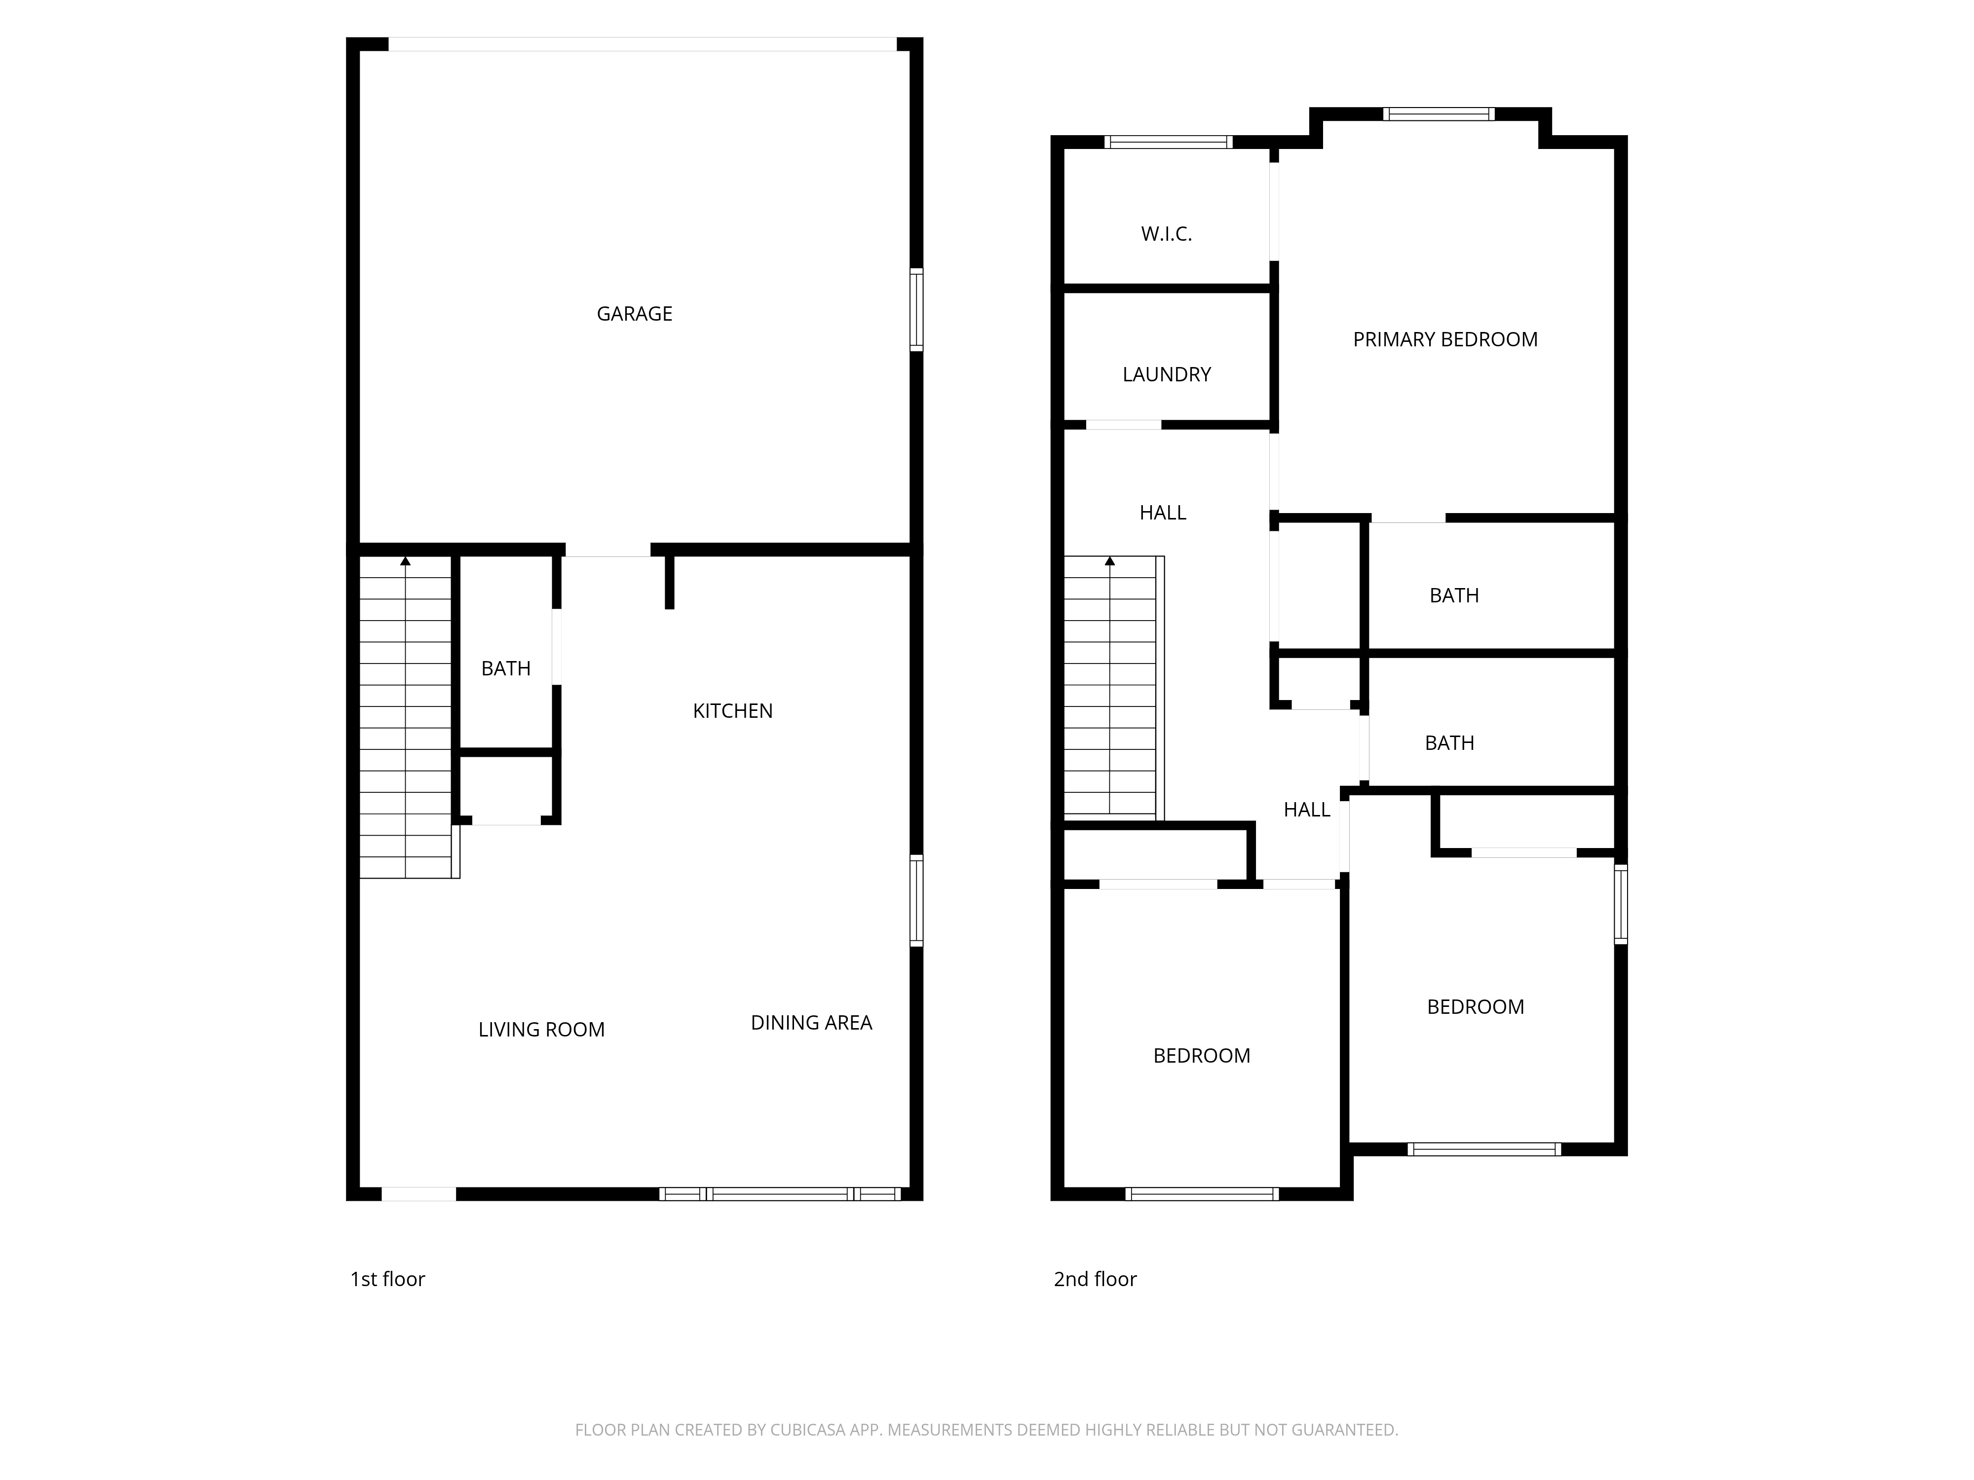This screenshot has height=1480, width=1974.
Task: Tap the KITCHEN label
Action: tap(733, 711)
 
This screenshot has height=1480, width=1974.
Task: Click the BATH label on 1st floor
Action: tap(505, 668)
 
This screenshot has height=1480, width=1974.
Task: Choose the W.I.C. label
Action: tap(1166, 234)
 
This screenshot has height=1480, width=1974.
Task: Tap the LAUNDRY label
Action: tap(1166, 374)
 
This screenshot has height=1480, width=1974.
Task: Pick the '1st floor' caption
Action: tap(387, 1279)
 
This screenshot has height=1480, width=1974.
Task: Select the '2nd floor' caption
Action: tap(1095, 1279)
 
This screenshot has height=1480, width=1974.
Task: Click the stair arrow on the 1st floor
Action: tap(405, 561)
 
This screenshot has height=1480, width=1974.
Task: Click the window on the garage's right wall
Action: tap(915, 309)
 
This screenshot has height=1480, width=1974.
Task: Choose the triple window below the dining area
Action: tap(780, 1194)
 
